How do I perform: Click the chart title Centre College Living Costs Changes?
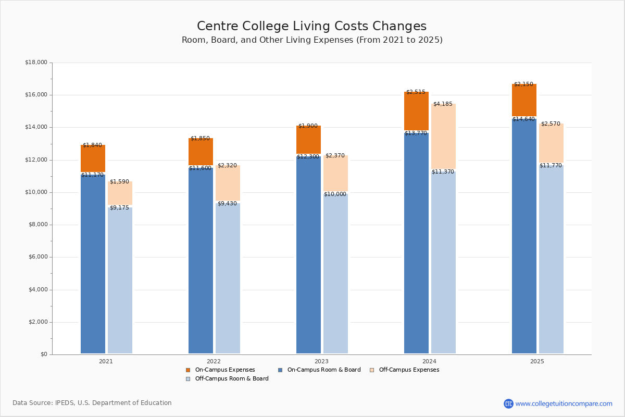pyautogui.click(x=311, y=27)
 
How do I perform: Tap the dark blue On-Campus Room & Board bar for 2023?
pyautogui.click(x=308, y=255)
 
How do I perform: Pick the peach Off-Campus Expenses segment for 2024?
pyautogui.click(x=443, y=137)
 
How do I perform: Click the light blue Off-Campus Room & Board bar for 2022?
pyautogui.click(x=228, y=279)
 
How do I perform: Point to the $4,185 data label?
pyautogui.click(x=443, y=104)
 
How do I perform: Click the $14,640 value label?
pyautogui.click(x=523, y=119)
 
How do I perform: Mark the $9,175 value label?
pyautogui.click(x=119, y=208)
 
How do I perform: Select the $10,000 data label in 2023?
pyautogui.click(x=335, y=194)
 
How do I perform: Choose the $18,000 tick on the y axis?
pyautogui.click(x=36, y=63)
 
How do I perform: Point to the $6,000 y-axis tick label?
pyautogui.click(x=36, y=257)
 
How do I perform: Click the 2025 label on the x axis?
pyautogui.click(x=537, y=361)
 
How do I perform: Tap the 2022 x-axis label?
pyautogui.click(x=214, y=361)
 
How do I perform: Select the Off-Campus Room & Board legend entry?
pyautogui.click(x=231, y=379)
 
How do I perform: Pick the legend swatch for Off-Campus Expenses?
pyautogui.click(x=372, y=370)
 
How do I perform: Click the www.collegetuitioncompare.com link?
pyautogui.click(x=564, y=403)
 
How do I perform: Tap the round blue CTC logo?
pyautogui.click(x=508, y=403)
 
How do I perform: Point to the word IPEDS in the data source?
pyautogui.click(x=65, y=403)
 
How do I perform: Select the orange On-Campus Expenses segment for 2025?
pyautogui.click(x=524, y=100)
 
